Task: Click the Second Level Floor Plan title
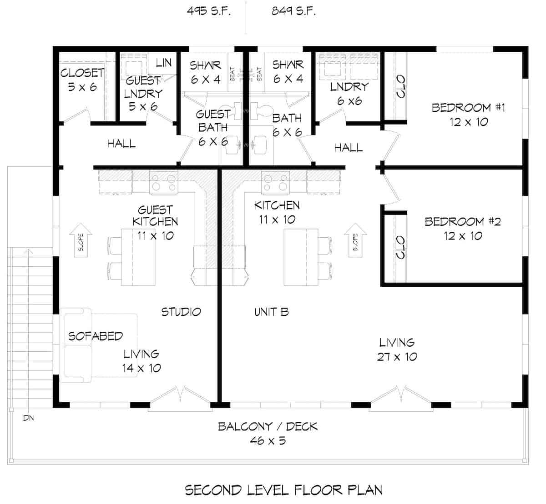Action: click(x=283, y=490)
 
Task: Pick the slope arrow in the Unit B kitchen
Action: click(x=355, y=240)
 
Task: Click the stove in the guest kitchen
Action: click(x=163, y=182)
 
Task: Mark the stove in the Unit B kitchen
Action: click(x=276, y=182)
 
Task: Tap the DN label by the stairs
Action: click(x=28, y=418)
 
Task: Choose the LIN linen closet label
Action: click(x=163, y=63)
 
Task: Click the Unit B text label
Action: click(x=271, y=312)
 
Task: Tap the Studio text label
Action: click(x=181, y=312)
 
